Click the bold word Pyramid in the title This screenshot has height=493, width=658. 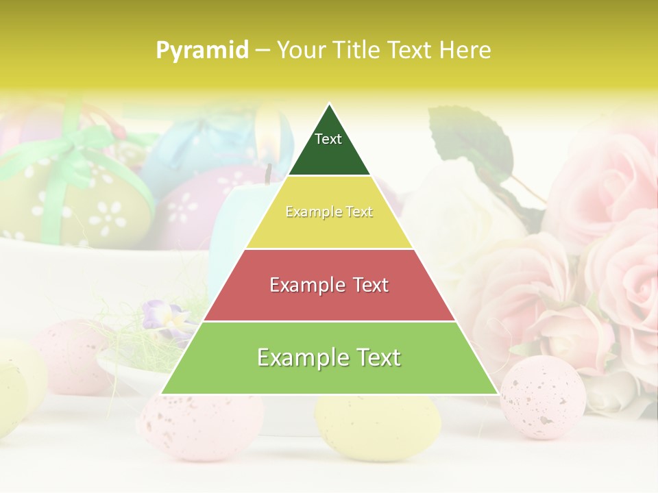point(202,51)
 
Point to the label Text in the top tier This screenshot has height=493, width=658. point(328,139)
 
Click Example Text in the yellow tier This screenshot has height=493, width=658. point(329,212)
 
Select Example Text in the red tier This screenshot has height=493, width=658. point(329,285)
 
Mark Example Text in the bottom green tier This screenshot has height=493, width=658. point(329,357)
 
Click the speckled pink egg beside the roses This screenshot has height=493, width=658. point(543,397)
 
